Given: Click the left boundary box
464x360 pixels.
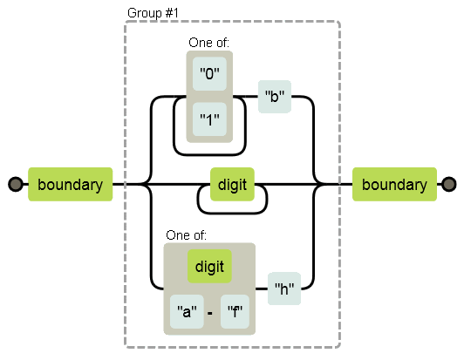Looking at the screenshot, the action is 70,184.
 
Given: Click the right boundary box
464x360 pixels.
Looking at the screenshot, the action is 394,184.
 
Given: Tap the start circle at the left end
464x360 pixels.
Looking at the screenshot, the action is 16,184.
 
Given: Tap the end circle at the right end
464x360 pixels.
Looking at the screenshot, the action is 449,184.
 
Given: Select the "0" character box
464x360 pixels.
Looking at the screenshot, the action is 209,74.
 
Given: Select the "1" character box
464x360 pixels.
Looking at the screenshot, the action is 209,119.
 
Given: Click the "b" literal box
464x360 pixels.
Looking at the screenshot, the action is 275,97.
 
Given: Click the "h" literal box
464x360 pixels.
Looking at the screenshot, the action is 284,289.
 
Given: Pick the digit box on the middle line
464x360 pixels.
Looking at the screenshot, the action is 232,184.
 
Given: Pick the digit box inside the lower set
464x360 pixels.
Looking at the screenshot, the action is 209,266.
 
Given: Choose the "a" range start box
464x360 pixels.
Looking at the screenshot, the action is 187,311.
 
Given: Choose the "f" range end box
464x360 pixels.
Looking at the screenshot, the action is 235,311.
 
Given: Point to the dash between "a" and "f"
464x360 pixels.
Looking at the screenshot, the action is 210,313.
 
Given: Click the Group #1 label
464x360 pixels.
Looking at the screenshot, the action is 153,13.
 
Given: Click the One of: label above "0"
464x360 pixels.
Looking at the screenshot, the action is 209,43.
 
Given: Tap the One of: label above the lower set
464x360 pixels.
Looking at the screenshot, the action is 186,235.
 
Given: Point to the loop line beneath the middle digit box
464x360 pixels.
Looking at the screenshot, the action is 232,213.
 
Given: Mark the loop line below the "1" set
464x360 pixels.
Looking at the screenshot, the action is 209,154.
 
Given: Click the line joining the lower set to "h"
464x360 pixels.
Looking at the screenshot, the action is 262,289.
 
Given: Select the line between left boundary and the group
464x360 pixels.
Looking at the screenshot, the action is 119,184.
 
